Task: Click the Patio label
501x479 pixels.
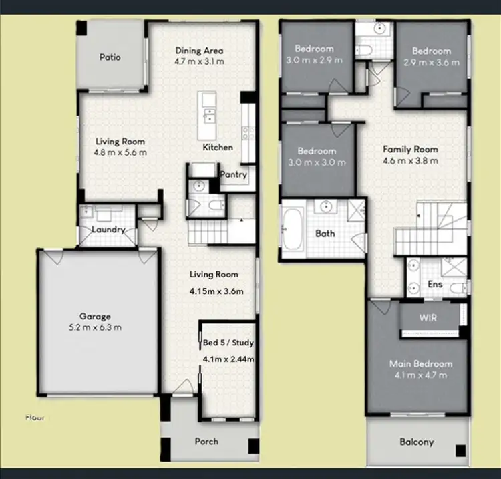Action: point(110,57)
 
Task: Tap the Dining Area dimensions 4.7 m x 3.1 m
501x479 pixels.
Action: point(199,62)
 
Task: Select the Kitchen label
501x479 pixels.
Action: point(218,147)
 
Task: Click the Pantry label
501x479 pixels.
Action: point(234,175)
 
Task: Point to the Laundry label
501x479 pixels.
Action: point(108,230)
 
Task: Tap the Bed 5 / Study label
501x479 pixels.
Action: point(228,343)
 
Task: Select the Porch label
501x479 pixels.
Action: point(206,441)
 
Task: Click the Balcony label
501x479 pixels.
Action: point(416,442)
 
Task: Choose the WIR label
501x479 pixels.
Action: point(428,318)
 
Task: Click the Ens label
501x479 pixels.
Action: point(435,285)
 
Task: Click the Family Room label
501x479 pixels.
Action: point(409,150)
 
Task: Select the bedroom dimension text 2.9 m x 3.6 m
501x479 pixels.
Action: point(431,63)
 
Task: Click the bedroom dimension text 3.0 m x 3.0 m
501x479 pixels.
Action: point(316,162)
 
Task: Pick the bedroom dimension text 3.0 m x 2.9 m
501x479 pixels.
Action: point(315,60)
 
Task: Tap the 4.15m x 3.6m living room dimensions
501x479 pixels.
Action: point(215,291)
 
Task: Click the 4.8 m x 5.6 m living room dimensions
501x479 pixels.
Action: point(120,152)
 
